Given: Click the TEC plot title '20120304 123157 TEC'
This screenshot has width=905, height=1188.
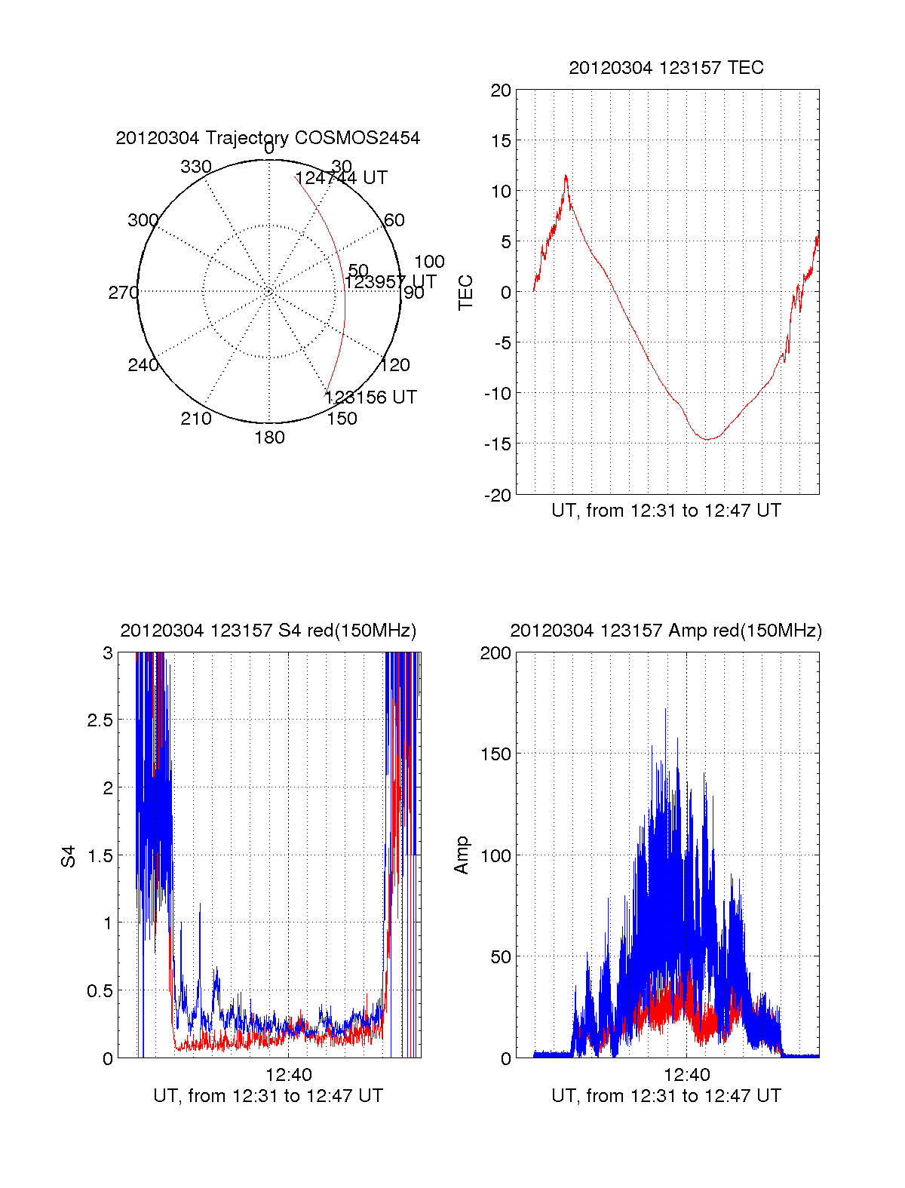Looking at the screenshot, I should click(666, 68).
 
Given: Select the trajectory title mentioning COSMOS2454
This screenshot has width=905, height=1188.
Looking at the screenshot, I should click(268, 138).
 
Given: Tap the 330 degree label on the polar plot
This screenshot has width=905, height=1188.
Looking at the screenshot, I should click(196, 167).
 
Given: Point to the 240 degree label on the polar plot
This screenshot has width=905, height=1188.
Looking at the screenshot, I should click(143, 365).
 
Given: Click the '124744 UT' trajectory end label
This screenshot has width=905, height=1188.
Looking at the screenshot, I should click(342, 178).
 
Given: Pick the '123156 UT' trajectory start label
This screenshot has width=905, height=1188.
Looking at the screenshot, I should click(370, 398).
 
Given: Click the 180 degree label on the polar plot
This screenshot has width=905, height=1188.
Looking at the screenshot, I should click(269, 437).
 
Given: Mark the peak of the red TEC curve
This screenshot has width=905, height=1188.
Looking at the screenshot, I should click(566, 176).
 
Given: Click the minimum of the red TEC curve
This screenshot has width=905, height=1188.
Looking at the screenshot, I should click(707, 439).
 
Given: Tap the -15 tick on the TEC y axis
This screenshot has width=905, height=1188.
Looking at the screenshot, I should click(497, 444).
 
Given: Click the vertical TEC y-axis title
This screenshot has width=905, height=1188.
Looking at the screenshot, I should click(466, 292).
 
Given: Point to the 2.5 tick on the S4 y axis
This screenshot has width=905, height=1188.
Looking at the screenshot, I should click(100, 720).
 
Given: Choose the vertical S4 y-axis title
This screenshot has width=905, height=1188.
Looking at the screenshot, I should click(69, 856).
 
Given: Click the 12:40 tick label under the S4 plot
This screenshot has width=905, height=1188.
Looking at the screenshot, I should click(289, 1075).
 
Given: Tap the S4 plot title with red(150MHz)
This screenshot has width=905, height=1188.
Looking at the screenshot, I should click(268, 631).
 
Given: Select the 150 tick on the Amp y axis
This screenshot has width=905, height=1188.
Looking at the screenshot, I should click(495, 754).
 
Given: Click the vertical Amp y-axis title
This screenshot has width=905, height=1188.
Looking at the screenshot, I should click(462, 855).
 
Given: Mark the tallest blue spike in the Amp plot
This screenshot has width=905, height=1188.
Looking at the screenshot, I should click(665, 709).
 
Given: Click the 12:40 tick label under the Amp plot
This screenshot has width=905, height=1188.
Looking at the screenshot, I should click(687, 1075).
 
